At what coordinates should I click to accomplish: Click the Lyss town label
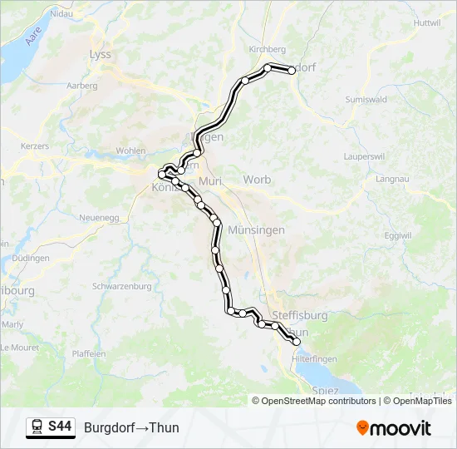[x=100, y=54]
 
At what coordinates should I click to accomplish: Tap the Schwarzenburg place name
[x=122, y=286]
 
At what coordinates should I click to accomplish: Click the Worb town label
[x=257, y=180]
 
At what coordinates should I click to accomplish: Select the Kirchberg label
[x=268, y=49]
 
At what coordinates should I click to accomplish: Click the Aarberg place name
[x=81, y=86]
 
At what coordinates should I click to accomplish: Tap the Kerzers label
[x=35, y=146]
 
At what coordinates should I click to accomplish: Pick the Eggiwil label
[x=398, y=235]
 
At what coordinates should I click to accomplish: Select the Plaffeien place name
[x=89, y=353]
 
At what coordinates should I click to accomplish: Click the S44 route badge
[x=60, y=427]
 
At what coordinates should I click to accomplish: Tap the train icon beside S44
[x=37, y=427]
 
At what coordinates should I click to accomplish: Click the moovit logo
[x=394, y=428]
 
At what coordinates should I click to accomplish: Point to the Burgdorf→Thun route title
[x=131, y=428]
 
